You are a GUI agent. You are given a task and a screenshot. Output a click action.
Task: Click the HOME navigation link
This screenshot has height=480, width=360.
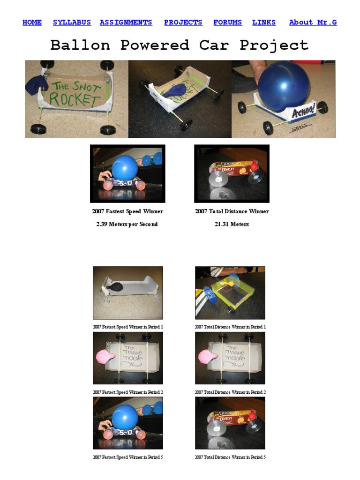pos(32,22)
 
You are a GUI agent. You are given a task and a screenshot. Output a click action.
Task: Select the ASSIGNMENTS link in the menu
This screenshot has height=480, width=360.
pos(126,22)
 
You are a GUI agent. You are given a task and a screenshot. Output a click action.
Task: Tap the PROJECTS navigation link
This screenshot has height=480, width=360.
pos(183,22)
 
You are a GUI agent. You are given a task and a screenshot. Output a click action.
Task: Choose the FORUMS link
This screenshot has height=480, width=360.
pos(227,22)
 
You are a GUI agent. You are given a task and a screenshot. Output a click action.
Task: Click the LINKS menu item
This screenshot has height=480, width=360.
pos(264,22)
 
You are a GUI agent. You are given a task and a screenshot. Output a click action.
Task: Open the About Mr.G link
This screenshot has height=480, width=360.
pos(313,22)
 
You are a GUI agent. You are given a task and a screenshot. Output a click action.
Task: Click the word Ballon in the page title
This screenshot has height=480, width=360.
pos(80,45)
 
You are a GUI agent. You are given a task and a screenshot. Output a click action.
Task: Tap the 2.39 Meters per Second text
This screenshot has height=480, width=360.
pos(127,224)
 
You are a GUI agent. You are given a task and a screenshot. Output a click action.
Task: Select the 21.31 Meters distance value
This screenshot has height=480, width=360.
pos(232,224)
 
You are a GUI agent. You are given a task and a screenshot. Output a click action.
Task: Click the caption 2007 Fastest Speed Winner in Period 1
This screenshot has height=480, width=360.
pos(128,327)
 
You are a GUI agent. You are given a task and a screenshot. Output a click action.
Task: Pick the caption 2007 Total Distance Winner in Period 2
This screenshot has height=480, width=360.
pos(230,392)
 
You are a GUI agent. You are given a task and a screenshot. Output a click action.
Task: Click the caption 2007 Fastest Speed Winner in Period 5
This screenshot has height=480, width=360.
pos(128,457)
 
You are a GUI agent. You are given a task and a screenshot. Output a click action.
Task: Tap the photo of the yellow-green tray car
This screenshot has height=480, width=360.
pos(230,293)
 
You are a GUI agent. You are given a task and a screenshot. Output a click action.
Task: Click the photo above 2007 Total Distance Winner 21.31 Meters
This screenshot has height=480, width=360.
pos(232,173)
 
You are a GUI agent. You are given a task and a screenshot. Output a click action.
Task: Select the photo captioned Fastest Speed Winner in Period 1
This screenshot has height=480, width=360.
pos(128,293)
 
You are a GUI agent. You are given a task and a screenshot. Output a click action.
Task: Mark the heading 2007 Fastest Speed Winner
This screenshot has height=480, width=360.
pos(127,211)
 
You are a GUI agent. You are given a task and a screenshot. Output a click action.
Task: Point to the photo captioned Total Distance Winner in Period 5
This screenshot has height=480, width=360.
pos(230,423)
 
